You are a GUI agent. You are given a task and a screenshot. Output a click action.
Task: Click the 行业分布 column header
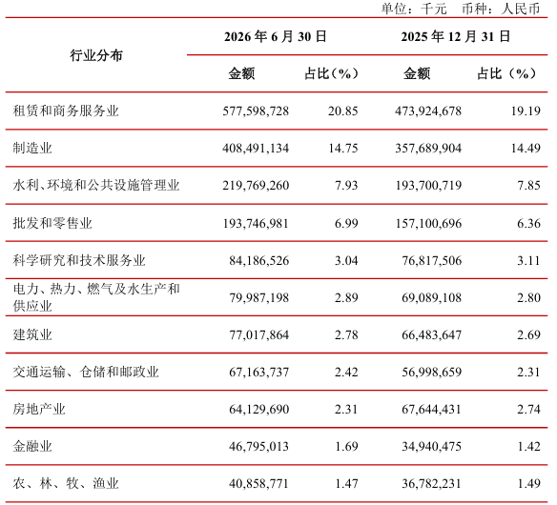tap(96, 55)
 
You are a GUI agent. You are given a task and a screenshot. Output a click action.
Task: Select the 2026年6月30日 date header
tap(276, 36)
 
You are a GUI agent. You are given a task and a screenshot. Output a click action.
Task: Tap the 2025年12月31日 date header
tap(456, 36)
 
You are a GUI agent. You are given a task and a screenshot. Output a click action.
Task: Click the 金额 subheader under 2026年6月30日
tap(241, 73)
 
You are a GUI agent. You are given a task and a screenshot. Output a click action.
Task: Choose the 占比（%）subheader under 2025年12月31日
tap(505, 73)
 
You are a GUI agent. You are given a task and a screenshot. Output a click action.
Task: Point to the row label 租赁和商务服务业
tap(66, 111)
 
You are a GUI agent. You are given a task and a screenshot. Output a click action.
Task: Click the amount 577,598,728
tap(256, 111)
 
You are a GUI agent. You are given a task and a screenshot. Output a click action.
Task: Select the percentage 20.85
tap(342, 111)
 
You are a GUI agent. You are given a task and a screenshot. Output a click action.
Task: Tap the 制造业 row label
tap(32, 149)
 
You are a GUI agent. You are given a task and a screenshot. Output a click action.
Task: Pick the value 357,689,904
tap(428, 149)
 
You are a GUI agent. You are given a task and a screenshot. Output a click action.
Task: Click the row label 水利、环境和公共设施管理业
tap(96, 186)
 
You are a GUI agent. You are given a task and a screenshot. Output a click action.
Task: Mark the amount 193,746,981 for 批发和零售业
tap(256, 224)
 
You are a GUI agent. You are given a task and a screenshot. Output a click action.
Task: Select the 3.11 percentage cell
tap(528, 261)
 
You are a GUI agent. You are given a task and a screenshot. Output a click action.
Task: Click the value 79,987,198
tap(259, 297)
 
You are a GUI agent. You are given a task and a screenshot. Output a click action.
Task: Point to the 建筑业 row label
tap(32, 334)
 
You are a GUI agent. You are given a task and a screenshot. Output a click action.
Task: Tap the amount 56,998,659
tap(432, 373)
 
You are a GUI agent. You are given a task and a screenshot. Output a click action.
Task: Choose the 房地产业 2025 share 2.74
tap(528, 410)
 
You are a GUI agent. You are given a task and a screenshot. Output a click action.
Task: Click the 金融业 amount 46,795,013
tap(259, 447)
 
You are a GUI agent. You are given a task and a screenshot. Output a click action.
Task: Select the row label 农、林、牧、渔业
tap(66, 483)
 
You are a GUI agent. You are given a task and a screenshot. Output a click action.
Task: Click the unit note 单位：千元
tap(414, 9)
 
